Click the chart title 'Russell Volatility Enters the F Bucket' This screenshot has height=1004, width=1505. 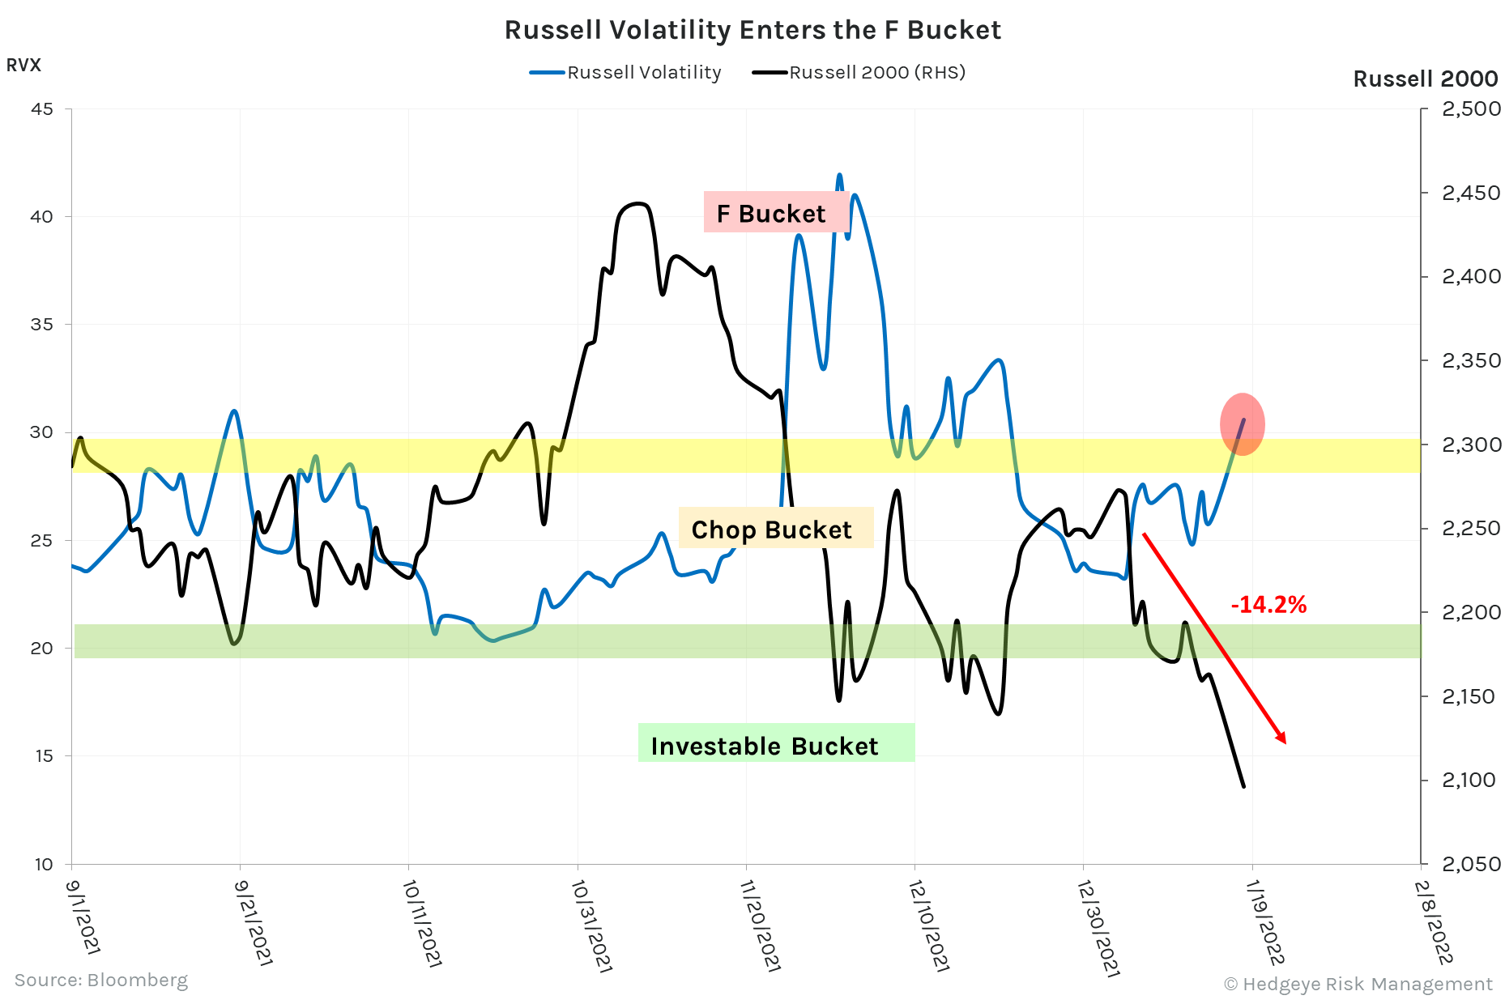(x=752, y=30)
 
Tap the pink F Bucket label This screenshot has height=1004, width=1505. (x=771, y=214)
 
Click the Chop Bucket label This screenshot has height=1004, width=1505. (x=772, y=530)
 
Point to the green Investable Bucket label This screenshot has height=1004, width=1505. (x=765, y=746)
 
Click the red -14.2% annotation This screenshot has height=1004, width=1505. (x=1268, y=605)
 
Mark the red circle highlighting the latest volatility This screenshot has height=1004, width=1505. (x=1242, y=423)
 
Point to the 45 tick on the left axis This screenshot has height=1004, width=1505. (x=42, y=109)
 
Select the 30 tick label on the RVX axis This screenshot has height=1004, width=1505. (x=42, y=432)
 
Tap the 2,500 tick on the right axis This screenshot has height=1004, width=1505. (x=1471, y=109)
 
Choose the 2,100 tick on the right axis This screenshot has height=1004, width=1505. (x=1469, y=780)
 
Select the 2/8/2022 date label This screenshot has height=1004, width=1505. (x=1432, y=922)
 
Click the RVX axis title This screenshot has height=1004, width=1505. (x=23, y=66)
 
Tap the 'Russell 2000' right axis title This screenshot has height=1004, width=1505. (x=1426, y=79)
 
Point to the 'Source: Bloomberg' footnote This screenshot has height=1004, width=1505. (x=101, y=981)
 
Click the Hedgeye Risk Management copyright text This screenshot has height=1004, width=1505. (x=1358, y=984)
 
